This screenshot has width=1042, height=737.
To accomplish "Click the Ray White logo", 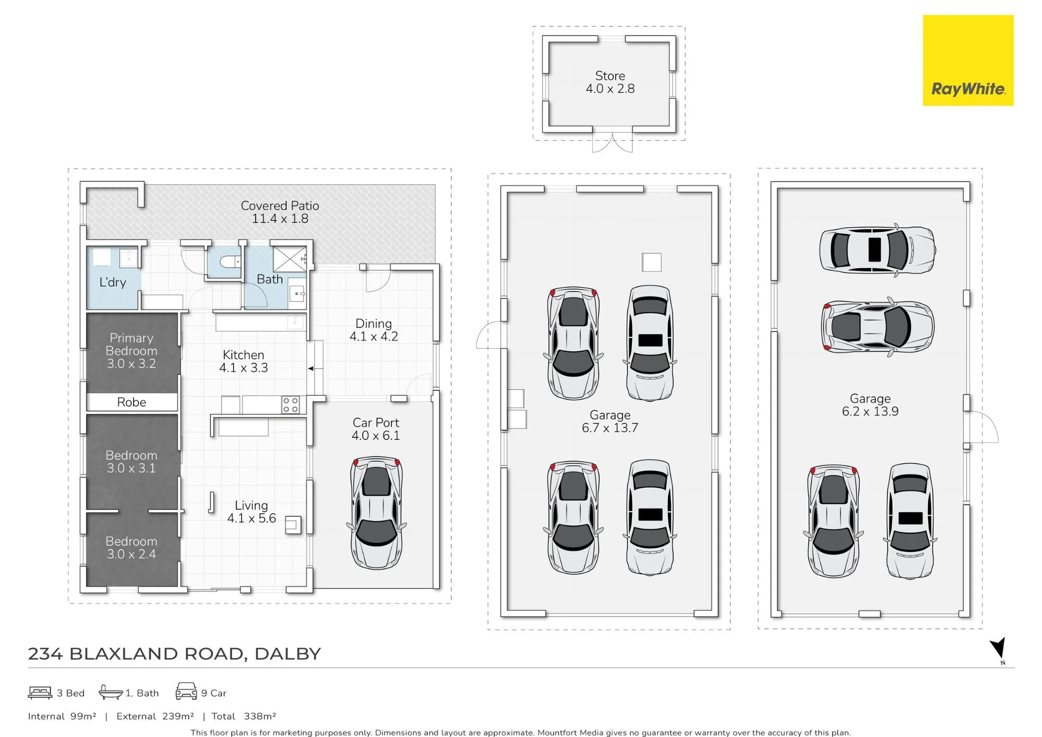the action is click(968, 60).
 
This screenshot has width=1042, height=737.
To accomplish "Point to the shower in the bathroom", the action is click(290, 259).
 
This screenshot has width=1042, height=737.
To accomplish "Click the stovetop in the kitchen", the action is click(291, 405).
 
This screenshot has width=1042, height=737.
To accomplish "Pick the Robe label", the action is click(131, 402).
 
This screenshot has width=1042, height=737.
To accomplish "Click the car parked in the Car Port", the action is click(376, 513).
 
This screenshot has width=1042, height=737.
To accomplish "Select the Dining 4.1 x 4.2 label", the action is click(374, 330).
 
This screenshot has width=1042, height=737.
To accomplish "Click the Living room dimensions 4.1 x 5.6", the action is click(252, 518).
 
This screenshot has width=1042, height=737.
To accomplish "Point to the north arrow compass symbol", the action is click(998, 649).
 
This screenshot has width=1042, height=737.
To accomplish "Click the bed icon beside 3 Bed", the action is click(40, 693).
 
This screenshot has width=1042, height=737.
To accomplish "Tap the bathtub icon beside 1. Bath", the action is click(110, 692).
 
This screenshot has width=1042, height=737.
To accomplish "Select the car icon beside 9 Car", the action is click(186, 691).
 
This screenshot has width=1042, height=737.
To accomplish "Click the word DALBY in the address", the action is click(288, 654).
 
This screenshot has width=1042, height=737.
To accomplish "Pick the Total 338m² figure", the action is click(244, 716).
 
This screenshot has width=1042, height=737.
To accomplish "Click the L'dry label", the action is click(113, 282).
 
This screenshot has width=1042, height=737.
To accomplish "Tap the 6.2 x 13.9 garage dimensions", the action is click(870, 411).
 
